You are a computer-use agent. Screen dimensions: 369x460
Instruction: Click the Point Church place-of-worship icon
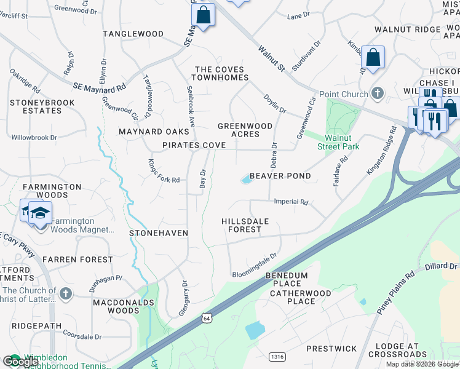point(378,94)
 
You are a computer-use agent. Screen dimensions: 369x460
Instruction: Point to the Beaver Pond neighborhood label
point(280,176)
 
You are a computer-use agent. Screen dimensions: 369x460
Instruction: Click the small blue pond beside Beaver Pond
point(246,180)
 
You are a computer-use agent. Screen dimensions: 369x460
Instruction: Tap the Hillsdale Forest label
point(242,224)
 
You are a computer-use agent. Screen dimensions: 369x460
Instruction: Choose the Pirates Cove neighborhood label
point(194,145)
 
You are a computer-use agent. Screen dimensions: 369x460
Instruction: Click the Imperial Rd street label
point(291,202)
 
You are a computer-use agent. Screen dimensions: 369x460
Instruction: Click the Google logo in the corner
point(20,362)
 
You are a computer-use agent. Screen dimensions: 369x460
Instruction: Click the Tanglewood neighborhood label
point(133,34)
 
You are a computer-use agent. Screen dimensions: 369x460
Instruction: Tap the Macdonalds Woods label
point(116,306)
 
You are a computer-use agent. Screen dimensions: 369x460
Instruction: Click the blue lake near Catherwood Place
point(255,330)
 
